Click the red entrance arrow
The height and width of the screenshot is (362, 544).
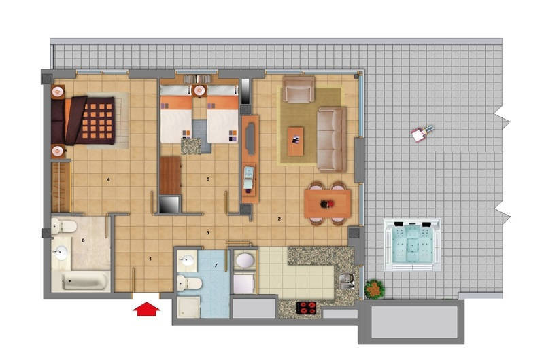coord(146,309)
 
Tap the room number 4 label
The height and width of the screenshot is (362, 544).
coord(109,179)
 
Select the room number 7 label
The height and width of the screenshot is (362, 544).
coord(216,266)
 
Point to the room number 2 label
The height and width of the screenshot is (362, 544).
coord(279,219)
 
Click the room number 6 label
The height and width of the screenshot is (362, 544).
coord(83,240)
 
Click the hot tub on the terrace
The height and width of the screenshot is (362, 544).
coord(412,245)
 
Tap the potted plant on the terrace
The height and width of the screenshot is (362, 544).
coord(375,289)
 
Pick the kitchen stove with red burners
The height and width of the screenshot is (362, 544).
coord(307,308)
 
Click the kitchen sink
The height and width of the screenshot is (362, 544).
coord(346,281)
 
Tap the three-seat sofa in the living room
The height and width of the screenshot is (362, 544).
coord(332,140)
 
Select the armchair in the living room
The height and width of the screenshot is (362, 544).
coord(299,90)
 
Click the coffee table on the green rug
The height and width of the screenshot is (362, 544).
coord(296,141)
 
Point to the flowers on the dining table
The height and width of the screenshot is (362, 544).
coord(327,204)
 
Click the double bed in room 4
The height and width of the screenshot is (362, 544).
coord(83,120)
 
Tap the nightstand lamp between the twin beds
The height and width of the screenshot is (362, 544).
coord(199,90)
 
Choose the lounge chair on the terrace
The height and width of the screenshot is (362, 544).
coord(422,132)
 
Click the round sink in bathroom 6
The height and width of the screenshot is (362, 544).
coord(61,252)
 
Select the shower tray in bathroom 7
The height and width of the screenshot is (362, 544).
coord(189,307)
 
